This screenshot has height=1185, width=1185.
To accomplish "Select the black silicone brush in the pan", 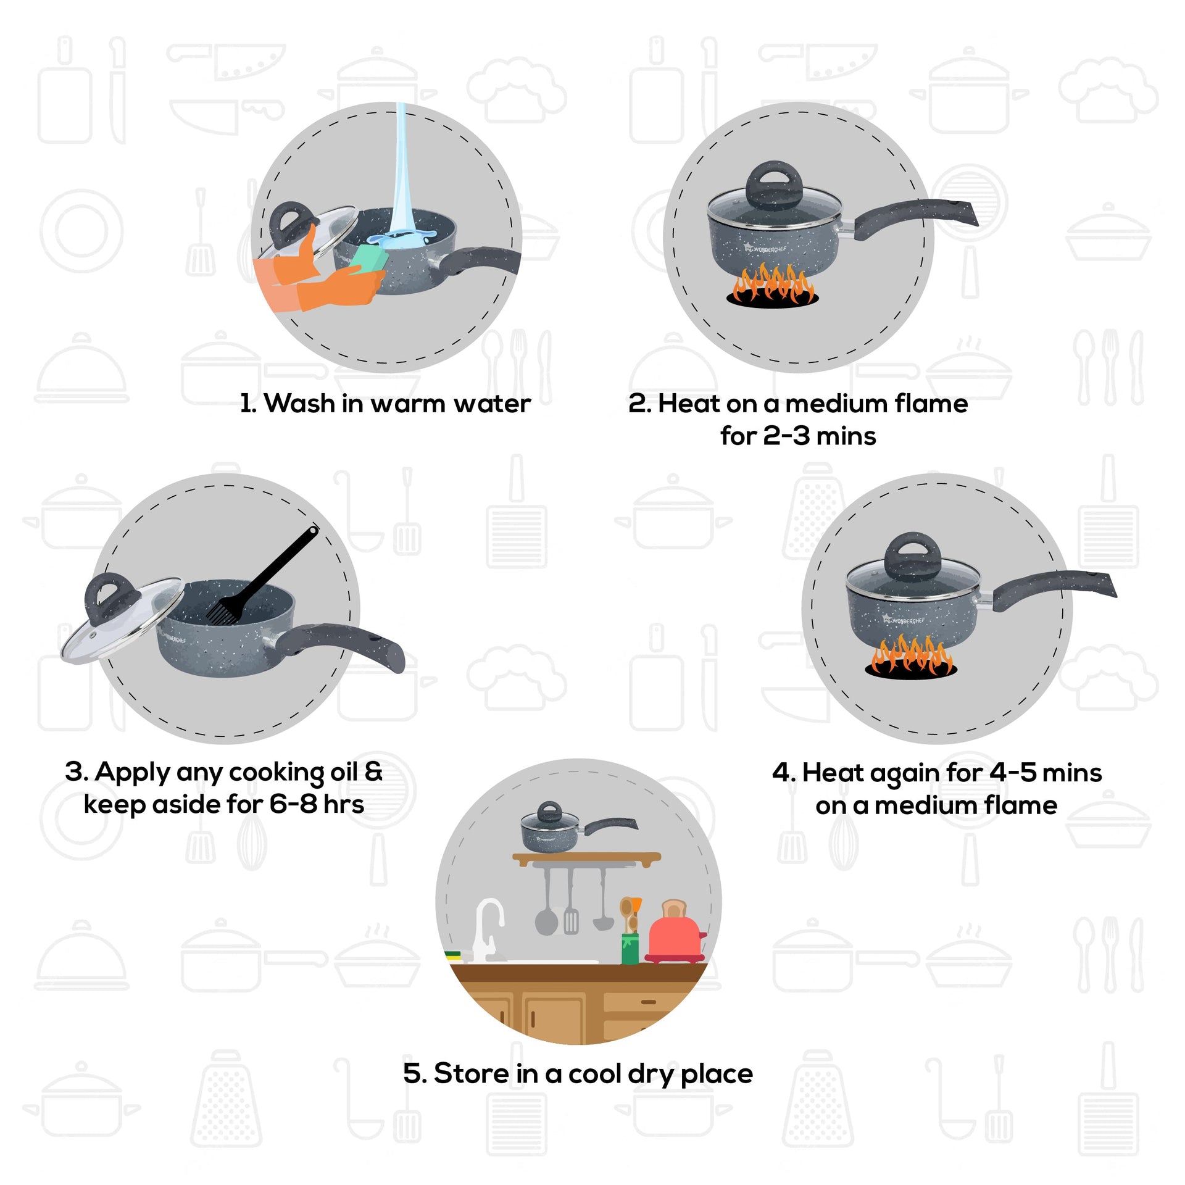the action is pos(263,576).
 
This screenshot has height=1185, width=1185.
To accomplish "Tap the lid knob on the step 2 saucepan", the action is pos(775,185).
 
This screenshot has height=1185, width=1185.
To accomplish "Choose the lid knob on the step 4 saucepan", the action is pos(912,556).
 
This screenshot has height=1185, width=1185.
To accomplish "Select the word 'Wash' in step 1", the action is pos(299,404).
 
